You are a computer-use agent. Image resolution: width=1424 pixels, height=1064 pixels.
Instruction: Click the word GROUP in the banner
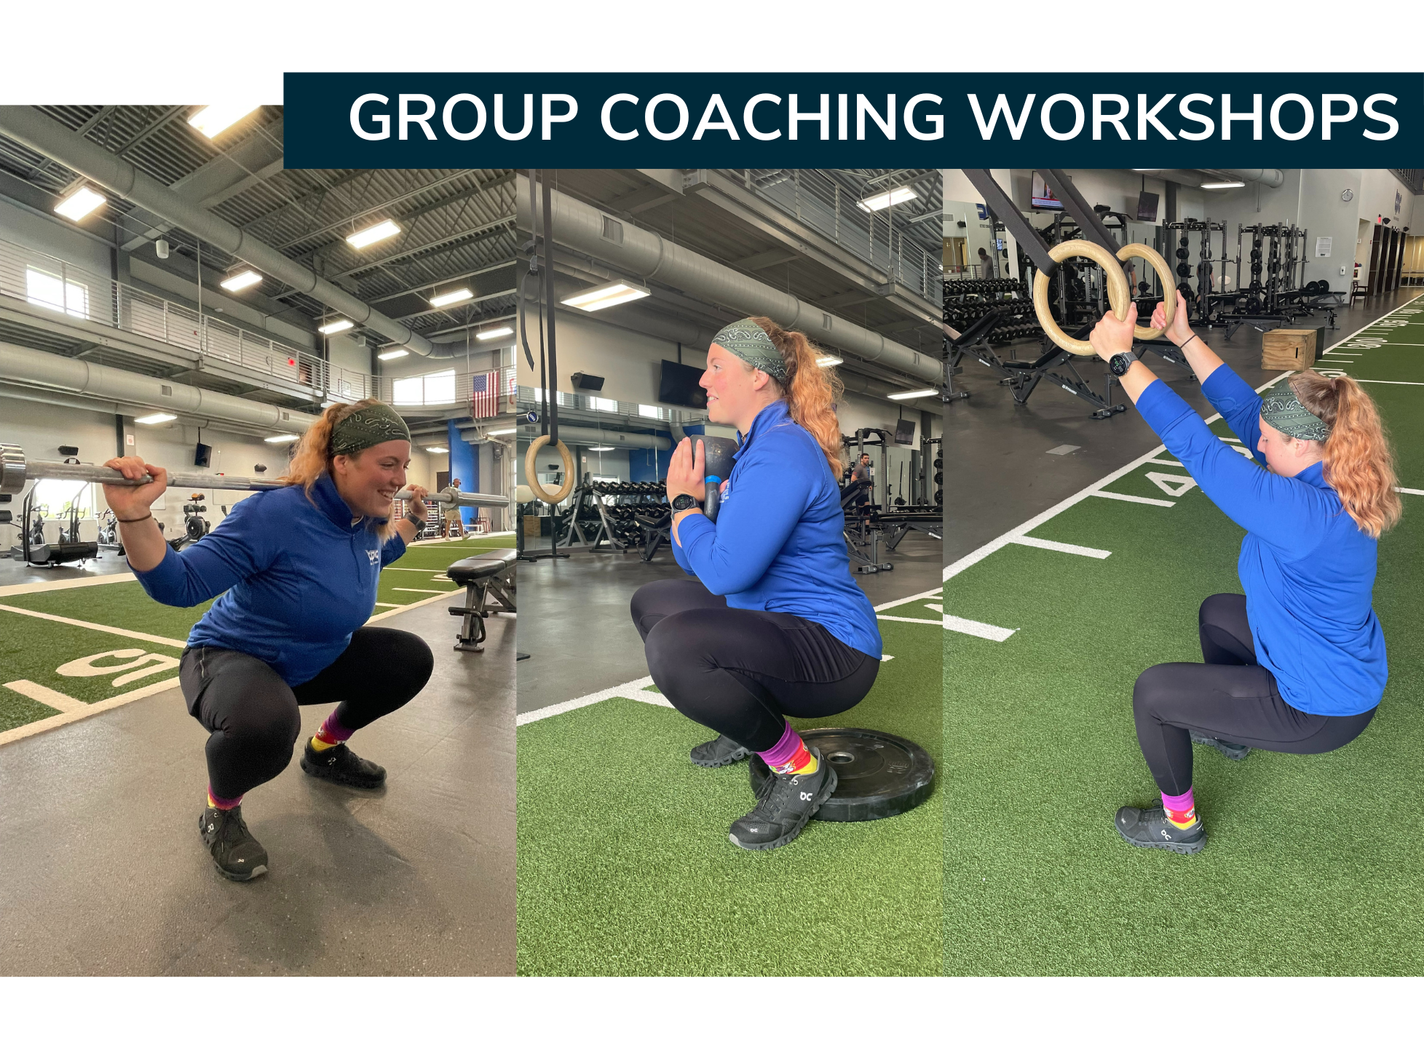point(463,116)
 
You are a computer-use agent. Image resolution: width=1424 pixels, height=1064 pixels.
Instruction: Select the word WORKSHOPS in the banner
point(1183,116)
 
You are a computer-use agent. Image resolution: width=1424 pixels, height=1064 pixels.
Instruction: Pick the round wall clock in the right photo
point(1347,194)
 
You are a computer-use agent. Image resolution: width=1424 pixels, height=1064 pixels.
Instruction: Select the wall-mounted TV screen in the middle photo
point(681,383)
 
